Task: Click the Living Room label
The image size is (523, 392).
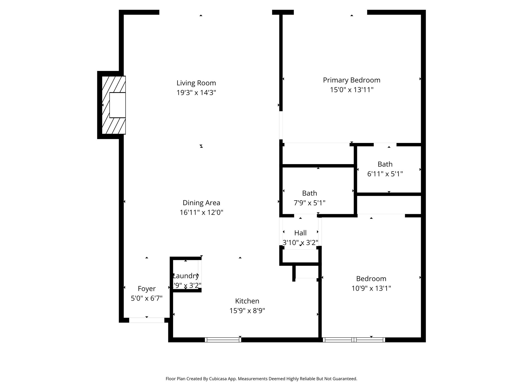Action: tap(196, 83)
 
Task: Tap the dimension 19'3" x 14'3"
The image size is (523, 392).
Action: tap(196, 93)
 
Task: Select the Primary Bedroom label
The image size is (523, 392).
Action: tap(351, 80)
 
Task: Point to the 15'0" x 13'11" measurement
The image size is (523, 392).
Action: tap(351, 90)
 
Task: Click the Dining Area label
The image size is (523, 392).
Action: tap(201, 203)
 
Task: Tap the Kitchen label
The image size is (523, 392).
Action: tap(247, 301)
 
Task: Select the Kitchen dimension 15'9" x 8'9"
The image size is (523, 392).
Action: tap(247, 311)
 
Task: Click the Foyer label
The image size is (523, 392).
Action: tap(147, 289)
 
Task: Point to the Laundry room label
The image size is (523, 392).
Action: tap(186, 276)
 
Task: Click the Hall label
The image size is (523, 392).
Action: tap(300, 233)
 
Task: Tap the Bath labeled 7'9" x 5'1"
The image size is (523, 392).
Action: tap(310, 193)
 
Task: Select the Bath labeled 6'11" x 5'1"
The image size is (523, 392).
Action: tap(385, 164)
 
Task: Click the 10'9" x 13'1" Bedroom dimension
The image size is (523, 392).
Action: tap(371, 288)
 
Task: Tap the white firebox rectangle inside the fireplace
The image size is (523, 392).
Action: tap(117, 105)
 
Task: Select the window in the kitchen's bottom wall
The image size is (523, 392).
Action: tap(223, 340)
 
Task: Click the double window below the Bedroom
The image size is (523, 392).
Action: tap(354, 340)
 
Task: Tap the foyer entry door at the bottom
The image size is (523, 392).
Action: tap(147, 320)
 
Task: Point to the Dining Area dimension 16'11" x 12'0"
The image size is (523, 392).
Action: tap(201, 213)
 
